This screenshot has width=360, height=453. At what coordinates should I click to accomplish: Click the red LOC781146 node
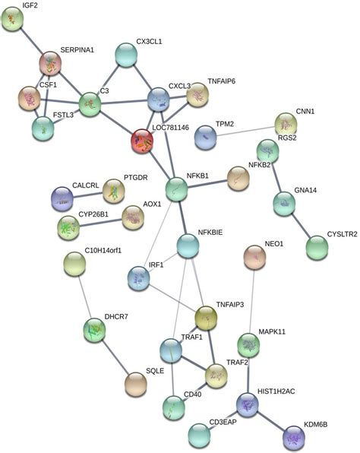pos(142,140)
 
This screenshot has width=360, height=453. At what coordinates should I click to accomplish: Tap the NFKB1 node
pos(176,188)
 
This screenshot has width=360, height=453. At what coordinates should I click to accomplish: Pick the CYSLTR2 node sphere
pos(317,247)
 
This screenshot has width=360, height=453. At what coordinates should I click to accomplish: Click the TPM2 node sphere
pos(206,138)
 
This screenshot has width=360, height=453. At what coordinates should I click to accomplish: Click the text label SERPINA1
pos(77,49)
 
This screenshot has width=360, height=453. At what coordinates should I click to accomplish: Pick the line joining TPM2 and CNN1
pos(245,131)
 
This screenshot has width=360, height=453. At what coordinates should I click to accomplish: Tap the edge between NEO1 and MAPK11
pos(251,303)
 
